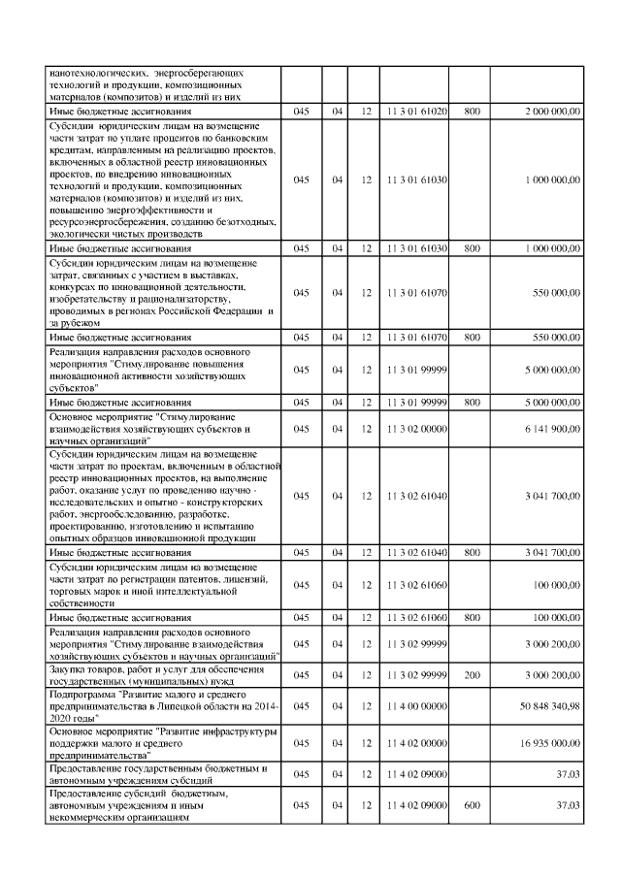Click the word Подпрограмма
point(82,695)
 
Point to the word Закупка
point(67,668)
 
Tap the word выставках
point(229,276)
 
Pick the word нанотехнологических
point(96,73)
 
